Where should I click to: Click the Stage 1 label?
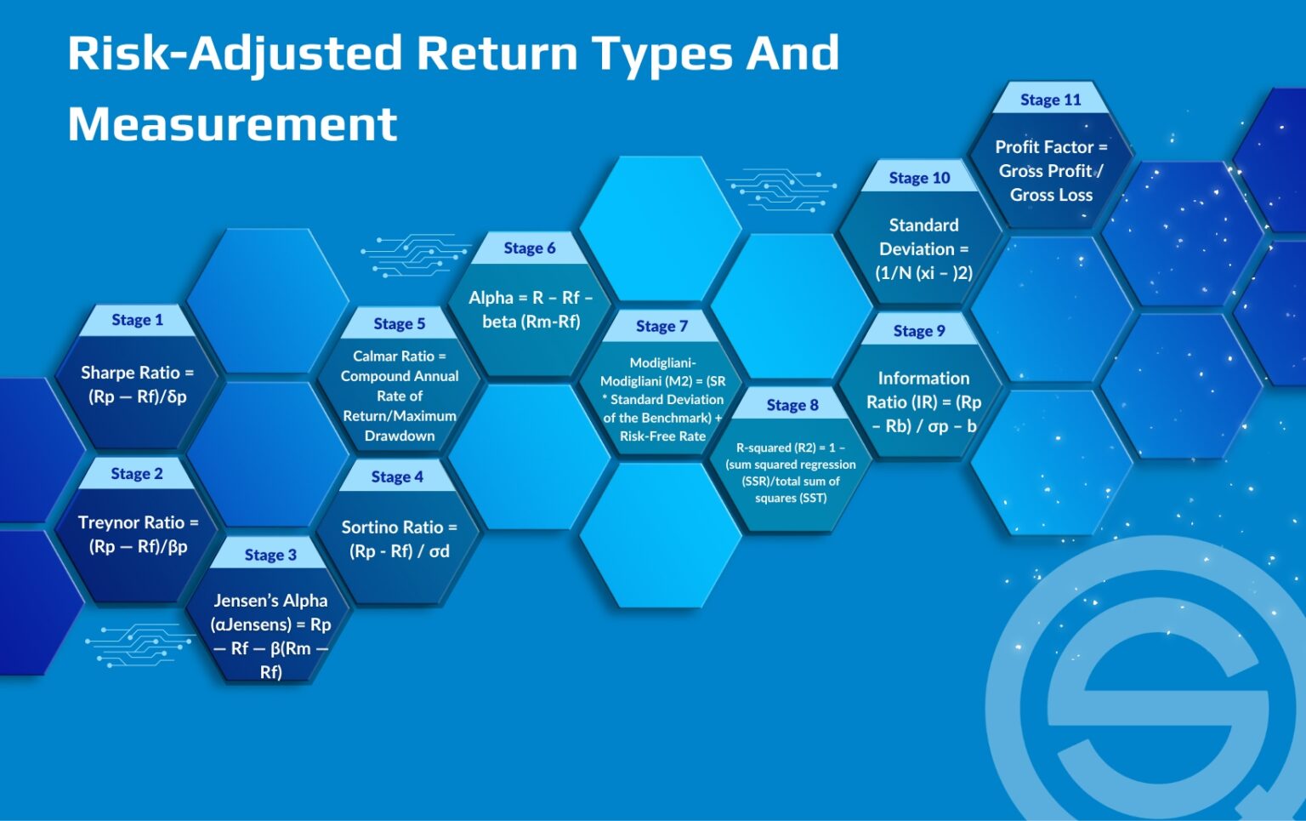(137, 320)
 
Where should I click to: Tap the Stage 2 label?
(137, 474)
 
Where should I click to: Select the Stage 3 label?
(270, 555)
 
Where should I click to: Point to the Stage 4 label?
(397, 477)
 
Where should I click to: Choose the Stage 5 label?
(399, 323)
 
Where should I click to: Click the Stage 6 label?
(529, 248)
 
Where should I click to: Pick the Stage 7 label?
(662, 326)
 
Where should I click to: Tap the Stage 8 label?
(792, 405)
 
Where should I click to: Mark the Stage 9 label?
(919, 331)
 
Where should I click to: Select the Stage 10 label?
(919, 178)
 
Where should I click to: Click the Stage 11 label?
(1051, 100)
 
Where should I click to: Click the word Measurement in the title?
(232, 124)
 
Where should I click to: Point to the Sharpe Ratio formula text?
(137, 385)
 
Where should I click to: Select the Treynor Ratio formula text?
(138, 534)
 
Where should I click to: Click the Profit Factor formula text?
(1051, 171)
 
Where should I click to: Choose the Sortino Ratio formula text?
(399, 539)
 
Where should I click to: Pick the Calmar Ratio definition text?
(400, 396)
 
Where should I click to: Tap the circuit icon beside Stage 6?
(414, 254)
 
